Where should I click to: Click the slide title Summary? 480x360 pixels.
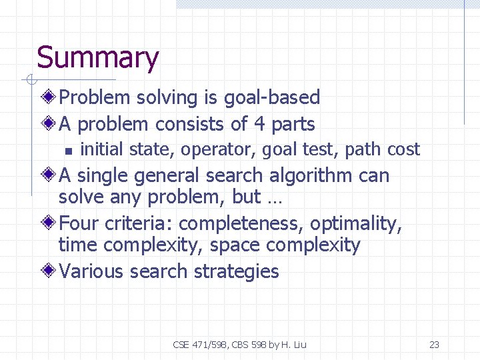point(97,58)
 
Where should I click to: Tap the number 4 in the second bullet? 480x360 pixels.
point(259,124)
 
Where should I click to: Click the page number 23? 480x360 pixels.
point(434,345)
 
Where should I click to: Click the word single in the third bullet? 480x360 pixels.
point(103,176)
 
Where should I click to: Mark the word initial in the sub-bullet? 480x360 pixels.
point(102,149)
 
